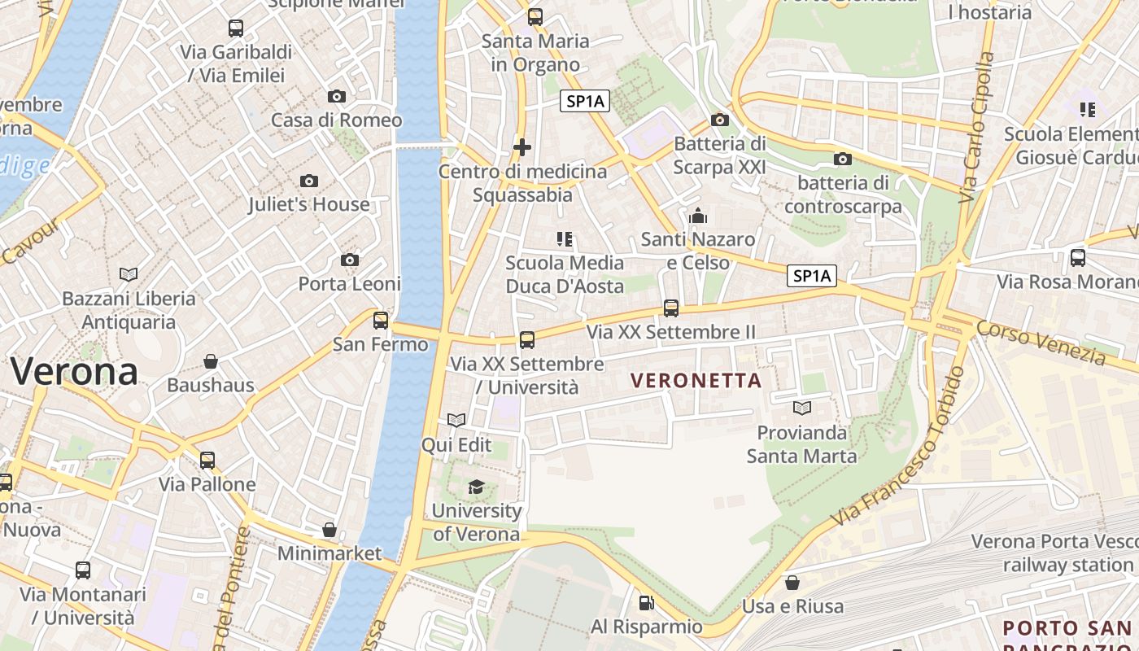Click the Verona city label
click(74, 372)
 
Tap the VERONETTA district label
click(696, 380)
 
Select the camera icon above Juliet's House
click(309, 181)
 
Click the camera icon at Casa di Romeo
click(337, 96)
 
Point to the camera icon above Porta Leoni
click(350, 260)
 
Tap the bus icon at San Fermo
click(381, 320)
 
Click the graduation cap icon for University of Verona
click(476, 487)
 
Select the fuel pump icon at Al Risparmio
click(646, 603)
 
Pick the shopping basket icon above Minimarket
click(329, 530)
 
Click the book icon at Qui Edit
click(456, 420)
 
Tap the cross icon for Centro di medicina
click(522, 147)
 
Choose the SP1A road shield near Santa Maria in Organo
click(585, 101)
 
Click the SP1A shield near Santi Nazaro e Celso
click(812, 276)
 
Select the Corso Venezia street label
click(1041, 343)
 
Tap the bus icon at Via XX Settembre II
click(671, 308)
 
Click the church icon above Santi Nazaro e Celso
click(698, 216)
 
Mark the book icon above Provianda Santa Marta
click(802, 408)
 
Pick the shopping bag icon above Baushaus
click(211, 360)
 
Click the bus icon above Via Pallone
click(207, 460)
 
